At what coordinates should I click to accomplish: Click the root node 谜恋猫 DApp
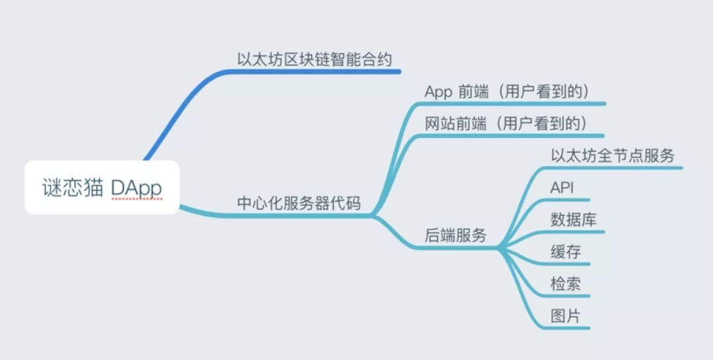[x=102, y=188]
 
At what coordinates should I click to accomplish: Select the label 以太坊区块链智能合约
[x=314, y=59]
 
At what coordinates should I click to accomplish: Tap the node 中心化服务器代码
[x=299, y=203]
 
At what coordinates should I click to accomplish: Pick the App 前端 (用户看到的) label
[x=506, y=92]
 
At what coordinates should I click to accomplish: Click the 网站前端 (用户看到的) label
[x=506, y=124]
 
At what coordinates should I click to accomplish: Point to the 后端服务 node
[x=455, y=236]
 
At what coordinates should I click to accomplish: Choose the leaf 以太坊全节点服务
[x=613, y=156]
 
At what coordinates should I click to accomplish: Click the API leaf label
[x=562, y=188]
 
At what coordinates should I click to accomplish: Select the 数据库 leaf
[x=574, y=220]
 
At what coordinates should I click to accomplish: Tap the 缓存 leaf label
[x=566, y=252]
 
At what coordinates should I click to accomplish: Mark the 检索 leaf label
[x=566, y=284]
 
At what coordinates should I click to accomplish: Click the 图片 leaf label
[x=566, y=316]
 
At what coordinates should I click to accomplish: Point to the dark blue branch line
[x=191, y=99]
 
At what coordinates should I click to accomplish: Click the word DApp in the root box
[x=136, y=188]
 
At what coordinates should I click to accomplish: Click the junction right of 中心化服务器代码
[x=374, y=215]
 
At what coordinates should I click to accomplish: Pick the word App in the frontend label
[x=438, y=92]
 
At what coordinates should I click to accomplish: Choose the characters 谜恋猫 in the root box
[x=72, y=188]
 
